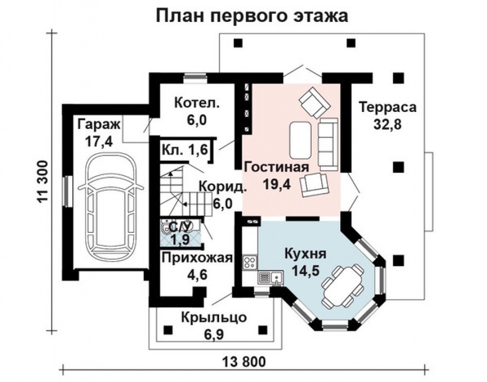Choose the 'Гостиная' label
277,167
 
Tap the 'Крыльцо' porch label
214,317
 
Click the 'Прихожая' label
197,258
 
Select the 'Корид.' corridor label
223,187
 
